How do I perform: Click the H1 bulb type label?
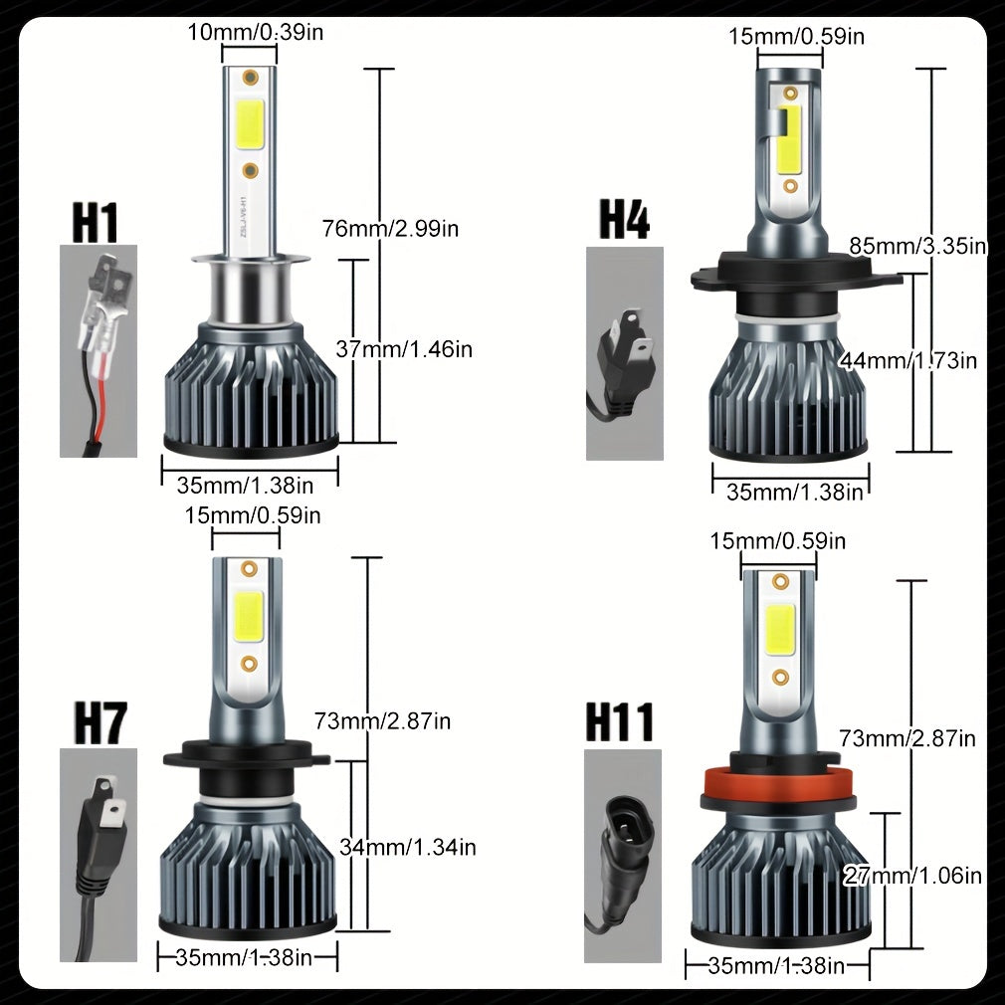pyautogui.click(x=95, y=222)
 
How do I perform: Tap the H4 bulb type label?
pyautogui.click(x=624, y=219)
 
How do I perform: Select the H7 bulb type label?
pyautogui.click(x=100, y=723)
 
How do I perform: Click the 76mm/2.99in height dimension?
pyautogui.click(x=390, y=228)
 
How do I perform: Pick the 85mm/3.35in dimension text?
pyautogui.click(x=917, y=246)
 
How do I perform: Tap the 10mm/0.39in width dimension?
pyautogui.click(x=255, y=32)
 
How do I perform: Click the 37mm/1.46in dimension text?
pyautogui.click(x=404, y=349)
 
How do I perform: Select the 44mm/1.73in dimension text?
pyautogui.click(x=908, y=360)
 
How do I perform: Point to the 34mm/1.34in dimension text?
pyautogui.click(x=408, y=848)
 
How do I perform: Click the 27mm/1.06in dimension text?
pyautogui.click(x=912, y=875)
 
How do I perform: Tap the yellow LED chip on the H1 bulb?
pyautogui.click(x=251, y=125)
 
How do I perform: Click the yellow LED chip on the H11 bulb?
pyautogui.click(x=780, y=629)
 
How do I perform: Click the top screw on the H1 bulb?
pyautogui.click(x=250, y=79)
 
